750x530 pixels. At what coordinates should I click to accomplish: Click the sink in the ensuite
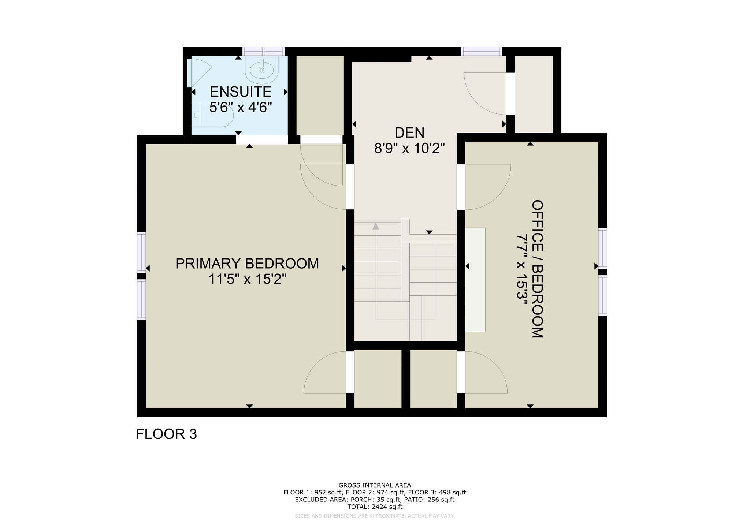[261, 70]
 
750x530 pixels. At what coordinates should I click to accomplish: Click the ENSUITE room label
[240, 91]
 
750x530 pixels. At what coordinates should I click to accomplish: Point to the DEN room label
[409, 132]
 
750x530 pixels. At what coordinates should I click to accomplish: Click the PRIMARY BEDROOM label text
[247, 264]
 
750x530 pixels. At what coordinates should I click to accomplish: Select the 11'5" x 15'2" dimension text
[247, 280]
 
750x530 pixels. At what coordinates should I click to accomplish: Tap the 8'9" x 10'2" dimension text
[409, 149]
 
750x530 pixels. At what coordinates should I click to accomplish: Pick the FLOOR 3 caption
[166, 434]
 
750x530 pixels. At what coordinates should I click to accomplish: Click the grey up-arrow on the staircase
[375, 226]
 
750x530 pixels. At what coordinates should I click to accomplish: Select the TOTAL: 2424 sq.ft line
[375, 507]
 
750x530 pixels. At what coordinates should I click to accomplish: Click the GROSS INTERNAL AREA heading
[375, 485]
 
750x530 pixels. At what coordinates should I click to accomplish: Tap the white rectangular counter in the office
[475, 280]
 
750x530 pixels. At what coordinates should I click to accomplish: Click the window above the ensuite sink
[264, 51]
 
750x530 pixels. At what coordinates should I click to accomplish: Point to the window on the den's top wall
[481, 51]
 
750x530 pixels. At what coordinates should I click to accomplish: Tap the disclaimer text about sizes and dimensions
[375, 516]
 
